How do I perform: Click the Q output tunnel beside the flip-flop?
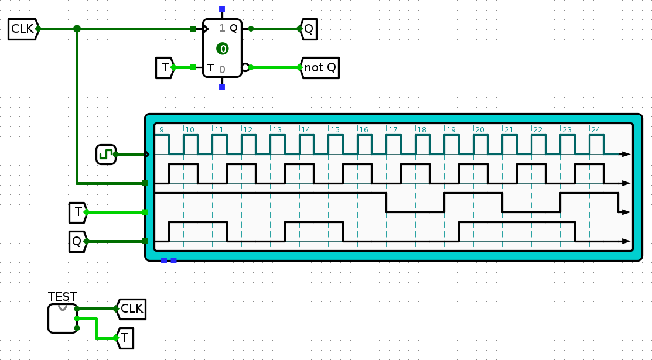[x=309, y=29]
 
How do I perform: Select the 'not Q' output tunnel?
[x=320, y=67]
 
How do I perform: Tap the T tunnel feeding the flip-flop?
[x=165, y=67]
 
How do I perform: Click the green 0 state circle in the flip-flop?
[x=222, y=49]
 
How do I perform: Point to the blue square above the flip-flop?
[x=222, y=10]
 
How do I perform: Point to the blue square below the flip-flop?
[x=222, y=87]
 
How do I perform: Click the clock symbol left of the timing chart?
[x=106, y=155]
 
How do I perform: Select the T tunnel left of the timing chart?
[x=78, y=212]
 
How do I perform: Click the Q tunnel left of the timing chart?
[x=77, y=241]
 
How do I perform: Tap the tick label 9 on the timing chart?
[x=161, y=129]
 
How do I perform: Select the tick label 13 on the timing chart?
[x=276, y=129]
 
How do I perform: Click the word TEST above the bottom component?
[x=63, y=297]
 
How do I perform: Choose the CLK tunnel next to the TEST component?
[x=131, y=308]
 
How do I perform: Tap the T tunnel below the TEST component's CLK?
[x=125, y=337]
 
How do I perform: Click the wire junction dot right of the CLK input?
[x=77, y=29]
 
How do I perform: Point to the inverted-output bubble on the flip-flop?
[x=245, y=67]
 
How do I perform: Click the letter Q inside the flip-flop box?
[x=233, y=28]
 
